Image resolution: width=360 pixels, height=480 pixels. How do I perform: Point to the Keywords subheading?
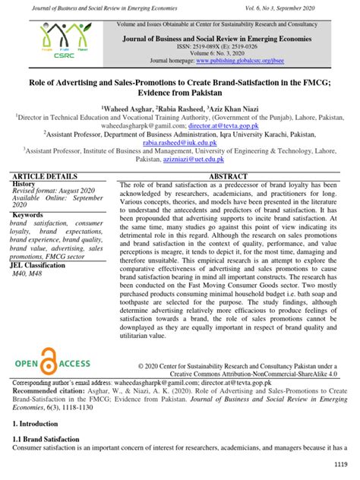point(28,215)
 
